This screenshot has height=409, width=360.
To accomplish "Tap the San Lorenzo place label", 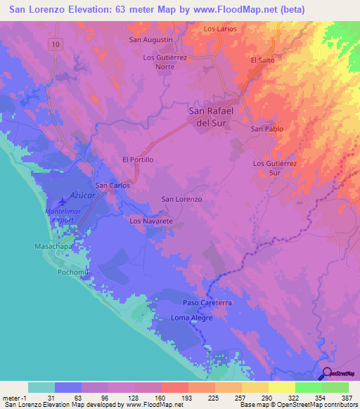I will (182, 200).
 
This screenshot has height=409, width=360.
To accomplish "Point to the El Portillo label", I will (138, 160).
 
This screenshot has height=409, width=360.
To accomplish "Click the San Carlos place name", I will (112, 186).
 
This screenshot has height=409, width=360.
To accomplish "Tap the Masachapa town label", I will (54, 247).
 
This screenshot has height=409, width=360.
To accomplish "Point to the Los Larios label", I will (220, 29).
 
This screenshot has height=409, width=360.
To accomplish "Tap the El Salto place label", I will (262, 60).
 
